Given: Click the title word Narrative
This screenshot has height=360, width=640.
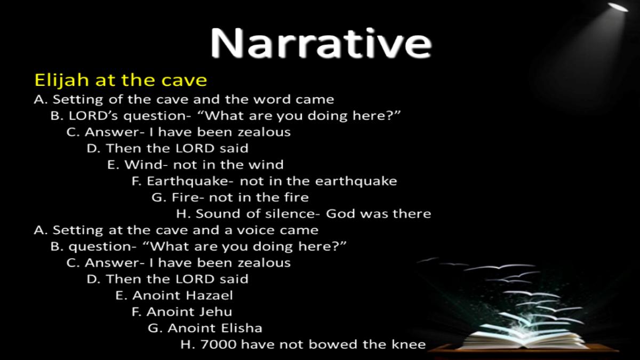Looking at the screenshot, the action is click(x=321, y=43).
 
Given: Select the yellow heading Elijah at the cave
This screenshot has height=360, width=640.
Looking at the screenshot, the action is click(x=121, y=80).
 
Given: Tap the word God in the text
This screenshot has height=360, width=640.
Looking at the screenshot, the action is click(x=340, y=214).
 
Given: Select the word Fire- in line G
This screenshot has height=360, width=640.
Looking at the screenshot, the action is click(x=187, y=197).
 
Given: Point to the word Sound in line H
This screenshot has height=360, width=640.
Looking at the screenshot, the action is click(x=218, y=214).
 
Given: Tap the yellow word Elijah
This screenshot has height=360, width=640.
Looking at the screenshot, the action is click(x=61, y=80).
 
